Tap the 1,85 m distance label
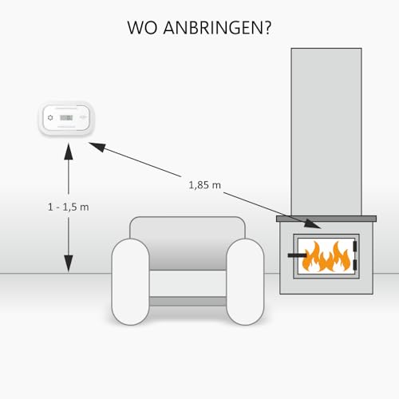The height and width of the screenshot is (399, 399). pyautogui.click(x=205, y=185)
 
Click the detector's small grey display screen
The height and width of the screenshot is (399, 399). pyautogui.click(x=68, y=118)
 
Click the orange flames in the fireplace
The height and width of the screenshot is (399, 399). pyautogui.click(x=327, y=255)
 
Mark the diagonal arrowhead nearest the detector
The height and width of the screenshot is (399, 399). pyautogui.click(x=95, y=146)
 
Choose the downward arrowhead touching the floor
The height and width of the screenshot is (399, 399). pyautogui.click(x=68, y=264)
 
